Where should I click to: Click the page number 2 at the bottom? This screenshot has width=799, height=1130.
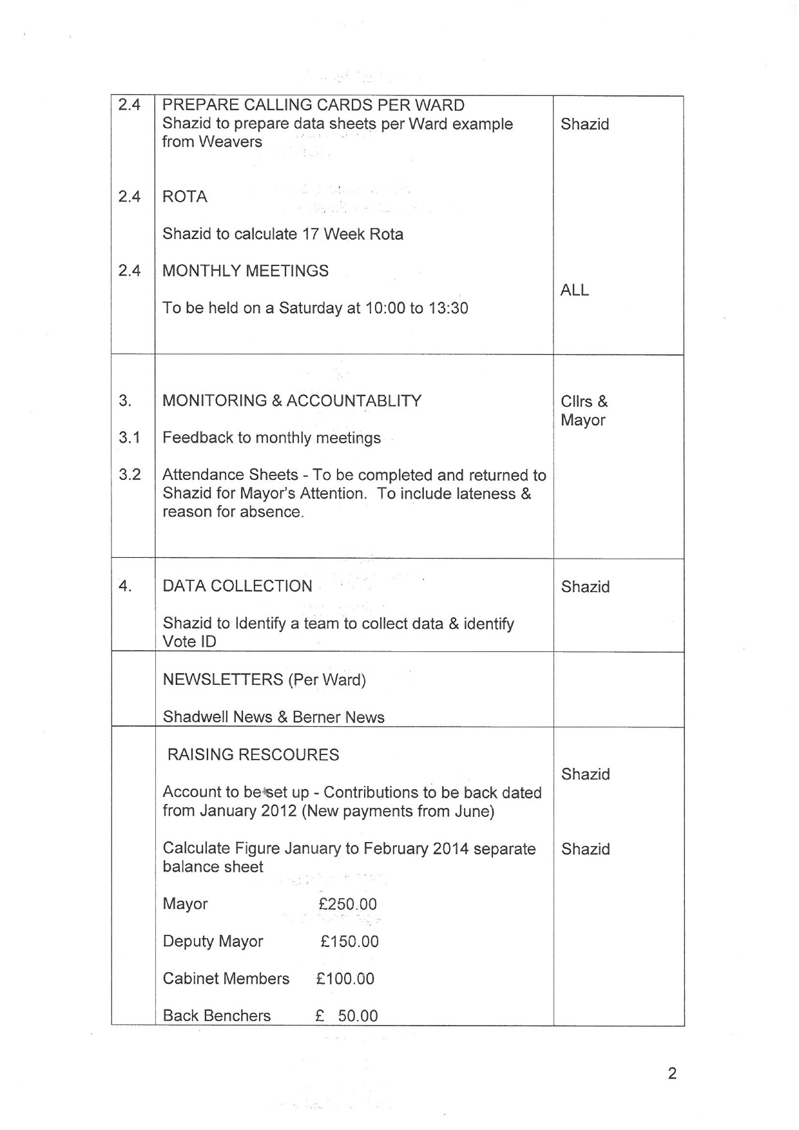click(x=672, y=1073)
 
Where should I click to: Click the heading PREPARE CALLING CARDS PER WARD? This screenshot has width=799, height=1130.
click(x=313, y=105)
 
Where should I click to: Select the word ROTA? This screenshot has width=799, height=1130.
click(x=185, y=196)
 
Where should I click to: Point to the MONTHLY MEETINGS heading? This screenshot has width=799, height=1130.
click(x=245, y=271)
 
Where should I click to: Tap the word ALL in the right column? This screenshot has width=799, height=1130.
click(x=575, y=290)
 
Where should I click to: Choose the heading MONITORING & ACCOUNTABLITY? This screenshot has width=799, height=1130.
click(x=292, y=401)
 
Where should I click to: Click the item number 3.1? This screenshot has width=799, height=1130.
click(x=130, y=438)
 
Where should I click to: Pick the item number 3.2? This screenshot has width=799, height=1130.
click(x=130, y=475)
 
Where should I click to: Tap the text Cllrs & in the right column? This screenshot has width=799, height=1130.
click(x=584, y=401)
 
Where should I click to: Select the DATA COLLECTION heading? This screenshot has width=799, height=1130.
click(x=237, y=586)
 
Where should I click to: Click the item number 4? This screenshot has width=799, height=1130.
click(x=125, y=586)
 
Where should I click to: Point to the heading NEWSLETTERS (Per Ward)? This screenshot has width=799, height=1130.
click(x=264, y=680)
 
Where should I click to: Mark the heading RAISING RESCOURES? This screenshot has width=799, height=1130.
click(x=253, y=754)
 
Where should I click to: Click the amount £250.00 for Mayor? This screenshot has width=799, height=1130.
click(x=348, y=904)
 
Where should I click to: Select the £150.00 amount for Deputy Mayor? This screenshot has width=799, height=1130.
click(x=350, y=941)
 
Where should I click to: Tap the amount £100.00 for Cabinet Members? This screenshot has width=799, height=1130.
click(x=345, y=979)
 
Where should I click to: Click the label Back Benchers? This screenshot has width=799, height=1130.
click(x=217, y=1016)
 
